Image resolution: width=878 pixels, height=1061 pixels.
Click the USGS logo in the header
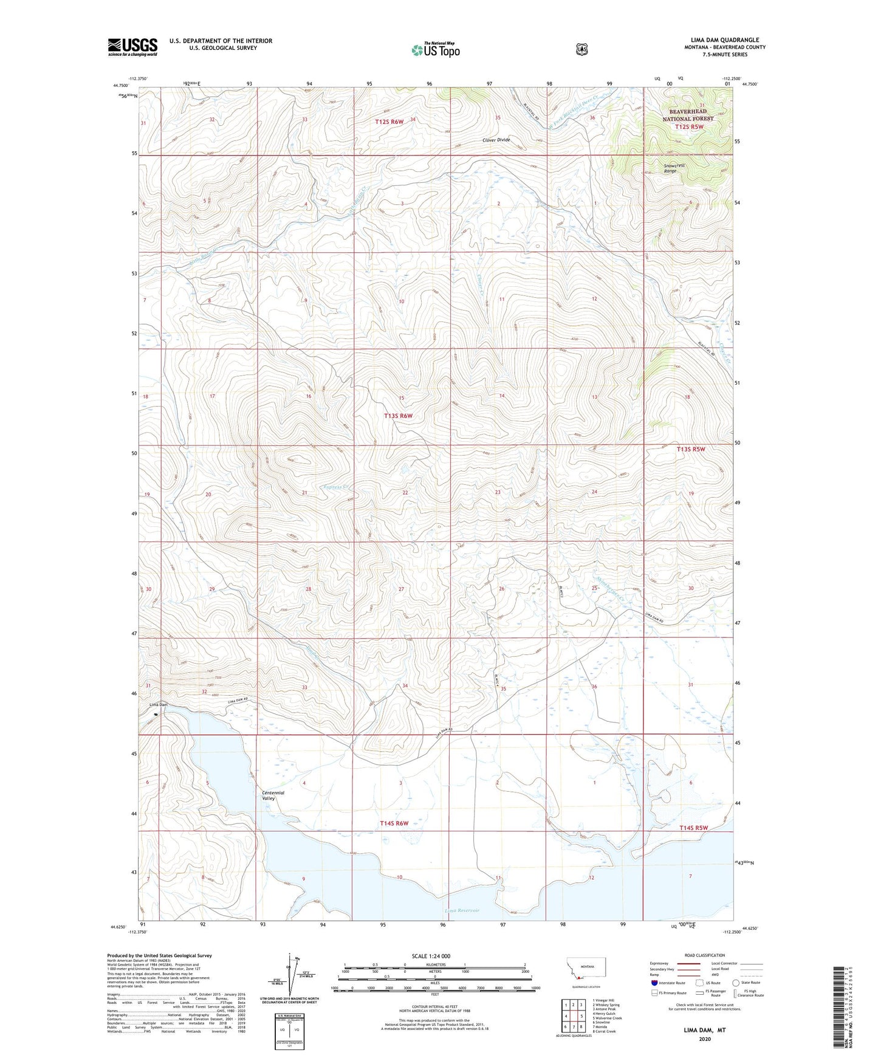132,47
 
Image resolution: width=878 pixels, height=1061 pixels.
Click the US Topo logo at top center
434,50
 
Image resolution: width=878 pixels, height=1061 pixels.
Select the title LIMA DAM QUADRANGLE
721,40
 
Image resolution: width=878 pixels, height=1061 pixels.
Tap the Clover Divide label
496,140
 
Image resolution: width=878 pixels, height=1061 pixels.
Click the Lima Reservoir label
462,910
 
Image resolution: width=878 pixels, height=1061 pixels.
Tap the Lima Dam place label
158,705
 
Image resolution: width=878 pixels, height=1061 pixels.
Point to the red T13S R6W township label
398,416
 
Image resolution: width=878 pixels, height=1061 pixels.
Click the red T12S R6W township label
389,122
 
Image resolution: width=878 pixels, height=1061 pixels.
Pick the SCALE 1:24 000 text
431,956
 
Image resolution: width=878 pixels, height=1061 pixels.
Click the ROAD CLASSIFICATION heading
705,956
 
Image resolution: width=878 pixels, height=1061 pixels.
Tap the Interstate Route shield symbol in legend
654,983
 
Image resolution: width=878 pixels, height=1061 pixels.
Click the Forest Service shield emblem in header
582,49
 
